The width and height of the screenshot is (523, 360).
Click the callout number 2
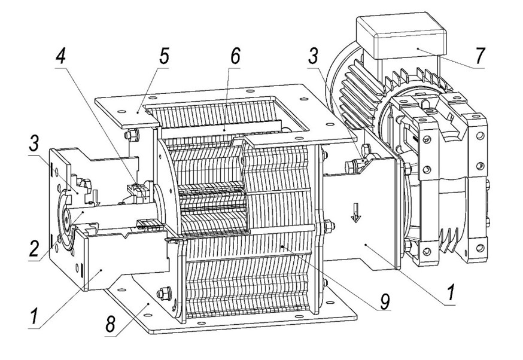pos(34,248)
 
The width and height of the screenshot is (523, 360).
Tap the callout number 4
pos(60,56)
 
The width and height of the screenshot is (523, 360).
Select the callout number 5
pos(164,56)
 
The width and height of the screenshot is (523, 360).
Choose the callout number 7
pos(480,56)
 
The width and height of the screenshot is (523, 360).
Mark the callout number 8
pos(111,324)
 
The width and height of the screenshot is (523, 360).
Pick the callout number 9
pos(385,301)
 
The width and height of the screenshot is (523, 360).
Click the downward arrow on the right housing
pos(356,213)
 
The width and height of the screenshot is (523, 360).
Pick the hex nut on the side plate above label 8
pos(164,294)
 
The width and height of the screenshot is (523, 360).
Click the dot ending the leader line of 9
pos(282,246)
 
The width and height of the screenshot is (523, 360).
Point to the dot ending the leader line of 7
pos(417,49)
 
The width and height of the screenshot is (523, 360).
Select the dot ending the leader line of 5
pos(138,113)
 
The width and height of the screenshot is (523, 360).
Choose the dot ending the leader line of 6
pos(224,129)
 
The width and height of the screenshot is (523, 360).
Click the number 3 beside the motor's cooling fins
pos(313,56)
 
